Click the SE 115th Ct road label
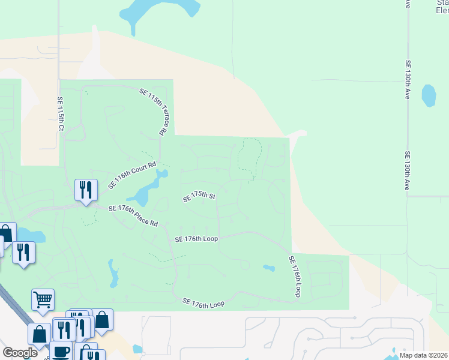[60, 114]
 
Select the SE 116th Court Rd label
[132, 175]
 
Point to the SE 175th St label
[199, 197]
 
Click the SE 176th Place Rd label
[133, 216]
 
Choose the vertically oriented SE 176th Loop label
[294, 277]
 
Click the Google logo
[20, 353]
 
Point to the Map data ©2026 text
[423, 355]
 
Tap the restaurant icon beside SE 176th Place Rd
[86, 190]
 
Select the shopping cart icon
[43, 299]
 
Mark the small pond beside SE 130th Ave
[429, 95]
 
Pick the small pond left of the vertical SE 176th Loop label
[269, 268]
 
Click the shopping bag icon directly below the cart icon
[39, 334]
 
